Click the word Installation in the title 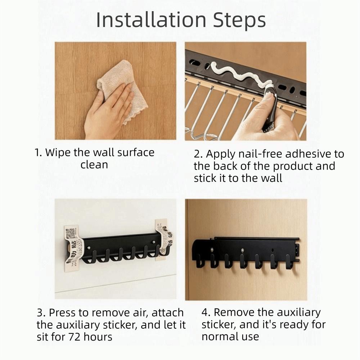click(x=151, y=21)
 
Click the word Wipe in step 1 click(x=58, y=152)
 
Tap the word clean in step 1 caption click(x=94, y=165)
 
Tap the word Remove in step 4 click(x=237, y=312)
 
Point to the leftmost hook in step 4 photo click(x=200, y=262)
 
